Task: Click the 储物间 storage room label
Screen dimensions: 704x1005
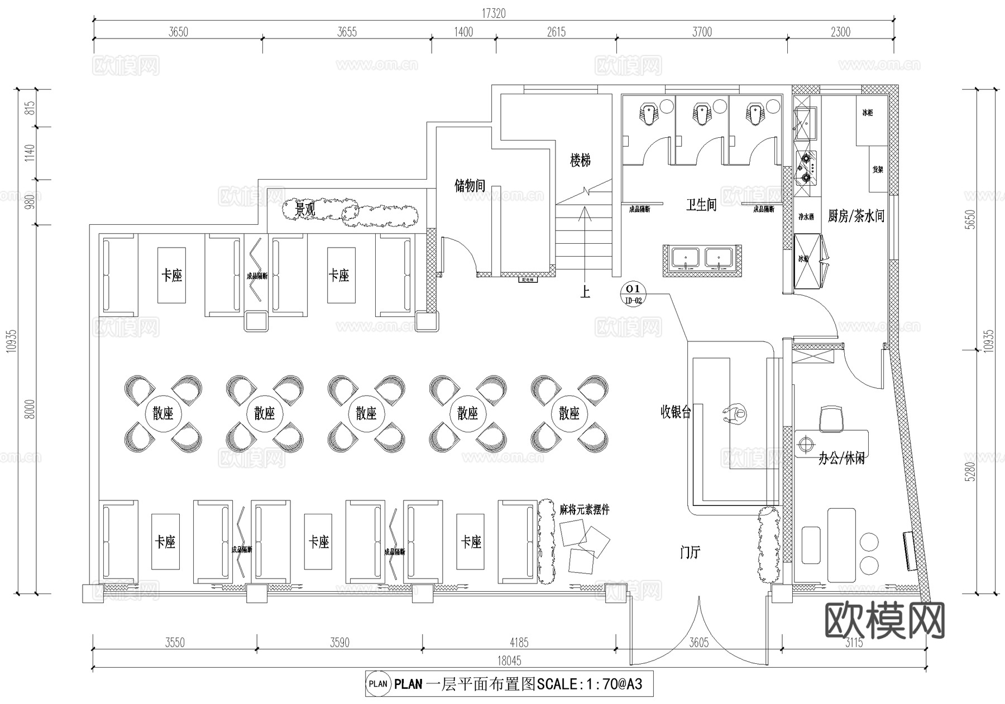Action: coord(470,186)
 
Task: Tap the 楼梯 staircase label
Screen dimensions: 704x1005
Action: coord(580,161)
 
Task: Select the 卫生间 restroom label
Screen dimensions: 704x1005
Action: coord(701,205)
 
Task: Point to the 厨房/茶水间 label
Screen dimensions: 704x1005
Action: coord(855,216)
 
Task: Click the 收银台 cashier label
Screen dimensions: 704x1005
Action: coord(676,412)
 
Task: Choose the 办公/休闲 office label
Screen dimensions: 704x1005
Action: coord(841,459)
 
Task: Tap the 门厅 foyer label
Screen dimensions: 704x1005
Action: coord(690,553)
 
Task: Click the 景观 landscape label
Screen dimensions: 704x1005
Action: coord(305,210)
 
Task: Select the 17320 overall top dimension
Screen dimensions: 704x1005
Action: coord(494,13)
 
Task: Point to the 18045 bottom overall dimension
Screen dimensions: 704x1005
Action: coord(509,660)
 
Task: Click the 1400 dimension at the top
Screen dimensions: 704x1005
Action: coord(463,32)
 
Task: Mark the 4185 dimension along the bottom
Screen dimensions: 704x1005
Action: coord(519,643)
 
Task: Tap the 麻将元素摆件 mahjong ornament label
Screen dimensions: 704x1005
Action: coord(584,509)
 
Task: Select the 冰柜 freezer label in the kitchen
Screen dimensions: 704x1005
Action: coord(867,113)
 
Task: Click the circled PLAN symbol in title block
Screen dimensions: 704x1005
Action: coord(378,683)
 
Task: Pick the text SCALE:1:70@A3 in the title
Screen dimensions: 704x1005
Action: coord(590,683)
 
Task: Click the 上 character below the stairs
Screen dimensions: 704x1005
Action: coord(585,292)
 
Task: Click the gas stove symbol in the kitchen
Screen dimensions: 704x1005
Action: coord(806,168)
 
